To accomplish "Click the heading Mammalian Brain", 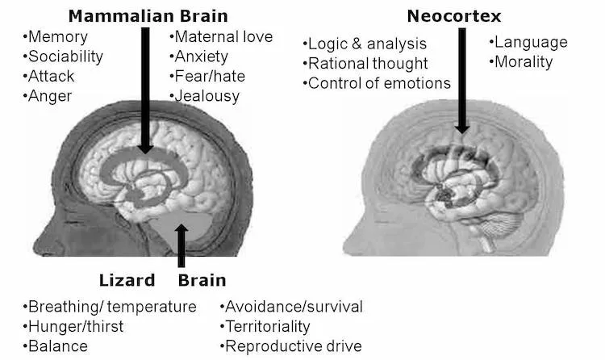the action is click(148, 15).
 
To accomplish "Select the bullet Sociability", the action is click(65, 57).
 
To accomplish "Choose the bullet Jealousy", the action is click(206, 95).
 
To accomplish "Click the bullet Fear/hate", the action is click(209, 76).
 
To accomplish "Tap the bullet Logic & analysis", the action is click(365, 44).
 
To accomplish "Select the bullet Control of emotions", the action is click(377, 82).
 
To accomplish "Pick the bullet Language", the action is click(528, 42).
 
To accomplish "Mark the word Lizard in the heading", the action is click(127, 281).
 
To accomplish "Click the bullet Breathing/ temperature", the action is click(111, 307).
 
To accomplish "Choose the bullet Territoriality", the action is click(265, 326).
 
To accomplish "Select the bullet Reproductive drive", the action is click(291, 345).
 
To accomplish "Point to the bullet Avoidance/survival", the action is click(291, 307).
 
